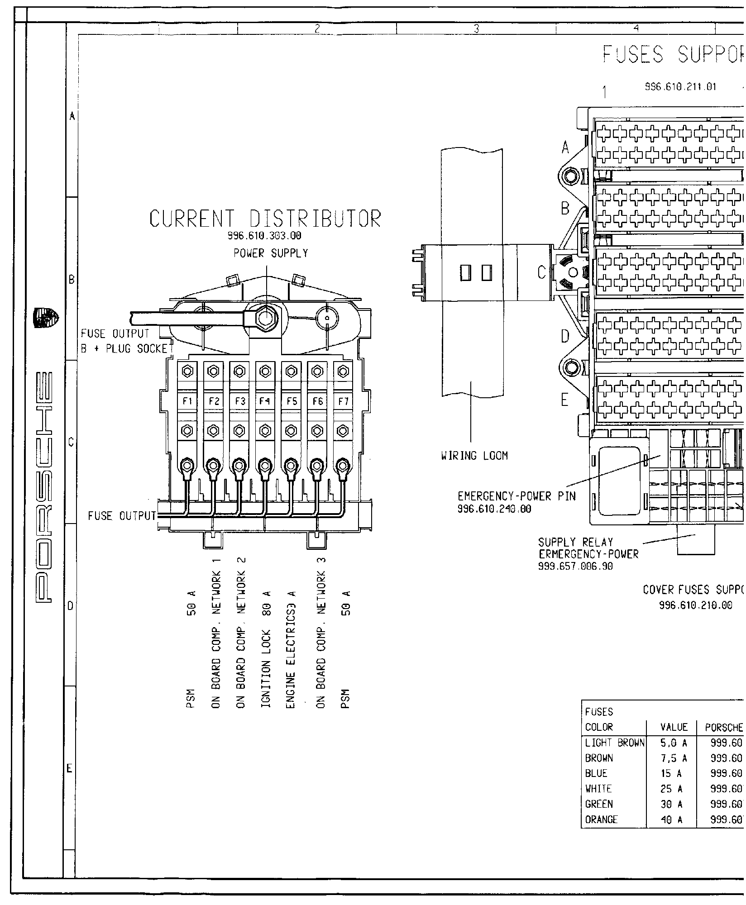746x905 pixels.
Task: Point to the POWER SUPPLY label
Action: pos(271,254)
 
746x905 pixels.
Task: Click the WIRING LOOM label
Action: pos(474,456)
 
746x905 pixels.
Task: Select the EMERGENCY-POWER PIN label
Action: pos(516,496)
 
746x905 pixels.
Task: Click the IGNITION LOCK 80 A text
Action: pos(266,675)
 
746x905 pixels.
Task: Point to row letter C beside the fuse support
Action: pos(542,273)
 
